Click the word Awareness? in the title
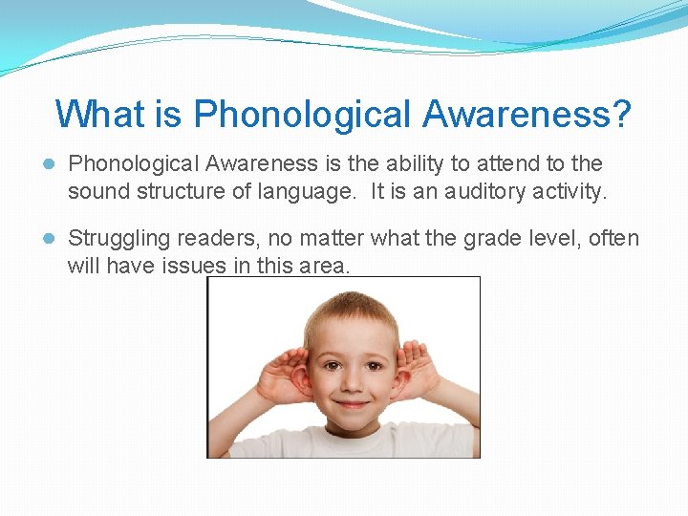[x=527, y=115]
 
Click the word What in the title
[x=99, y=115]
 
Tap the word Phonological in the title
[x=303, y=115]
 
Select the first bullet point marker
[x=50, y=164]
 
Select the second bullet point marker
[x=50, y=238]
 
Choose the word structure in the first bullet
[x=185, y=191]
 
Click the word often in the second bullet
[x=613, y=238]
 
